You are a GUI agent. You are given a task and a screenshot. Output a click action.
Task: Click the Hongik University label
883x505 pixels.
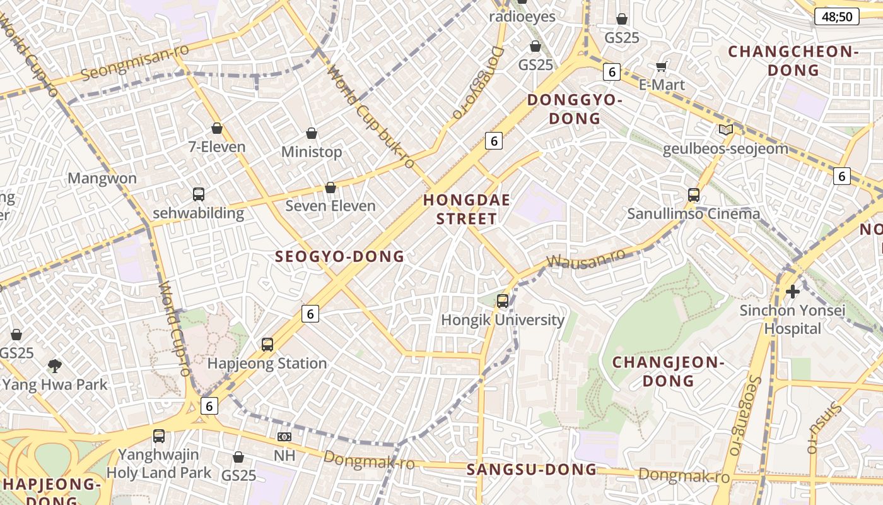[503, 320]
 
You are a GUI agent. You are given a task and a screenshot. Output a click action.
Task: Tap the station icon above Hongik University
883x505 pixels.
[503, 301]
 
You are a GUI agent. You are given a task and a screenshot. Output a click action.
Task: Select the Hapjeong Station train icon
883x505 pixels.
[267, 345]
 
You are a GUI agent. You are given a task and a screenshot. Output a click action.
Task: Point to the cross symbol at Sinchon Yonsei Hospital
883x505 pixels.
[793, 292]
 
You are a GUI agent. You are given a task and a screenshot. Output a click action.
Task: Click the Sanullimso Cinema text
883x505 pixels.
[693, 214]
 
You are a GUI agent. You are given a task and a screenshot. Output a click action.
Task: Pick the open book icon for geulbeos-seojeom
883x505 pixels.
[726, 129]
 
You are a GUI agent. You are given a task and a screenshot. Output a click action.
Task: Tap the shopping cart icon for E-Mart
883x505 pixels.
[662, 66]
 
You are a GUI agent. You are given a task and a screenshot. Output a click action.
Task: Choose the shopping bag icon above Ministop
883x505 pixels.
[312, 133]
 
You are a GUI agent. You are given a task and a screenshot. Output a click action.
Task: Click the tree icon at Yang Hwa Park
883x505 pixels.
[55, 365]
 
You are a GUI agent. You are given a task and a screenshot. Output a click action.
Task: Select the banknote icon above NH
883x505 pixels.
[284, 437]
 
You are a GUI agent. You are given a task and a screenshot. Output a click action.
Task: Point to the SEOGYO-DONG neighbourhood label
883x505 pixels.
[339, 256]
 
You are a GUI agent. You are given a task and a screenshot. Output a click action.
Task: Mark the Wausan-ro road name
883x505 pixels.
[585, 258]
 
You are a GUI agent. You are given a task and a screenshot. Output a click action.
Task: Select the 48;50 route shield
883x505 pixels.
[836, 17]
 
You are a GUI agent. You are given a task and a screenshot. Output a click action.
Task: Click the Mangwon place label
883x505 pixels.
[102, 179]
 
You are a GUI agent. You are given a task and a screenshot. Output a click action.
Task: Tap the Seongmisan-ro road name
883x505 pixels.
[136, 64]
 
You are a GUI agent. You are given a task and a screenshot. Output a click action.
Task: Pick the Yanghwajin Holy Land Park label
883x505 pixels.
[159, 463]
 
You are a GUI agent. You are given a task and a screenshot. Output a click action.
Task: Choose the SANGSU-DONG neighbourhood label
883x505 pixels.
[531, 470]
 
